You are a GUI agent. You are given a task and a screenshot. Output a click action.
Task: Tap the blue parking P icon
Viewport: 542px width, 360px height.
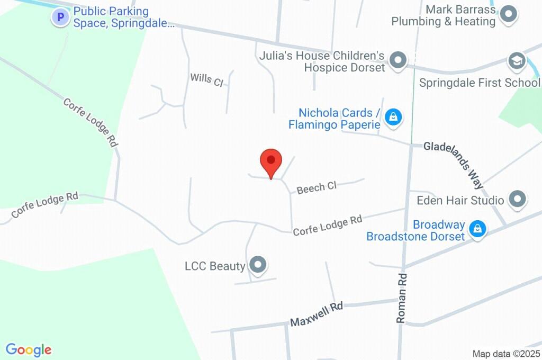pos(60,17)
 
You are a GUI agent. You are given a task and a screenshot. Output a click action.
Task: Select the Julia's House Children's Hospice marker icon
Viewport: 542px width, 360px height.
pos(397,60)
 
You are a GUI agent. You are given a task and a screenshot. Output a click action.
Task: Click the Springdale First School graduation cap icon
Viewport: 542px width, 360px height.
pos(516,61)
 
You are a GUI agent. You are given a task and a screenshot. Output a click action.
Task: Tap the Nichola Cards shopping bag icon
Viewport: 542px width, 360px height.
pos(393,117)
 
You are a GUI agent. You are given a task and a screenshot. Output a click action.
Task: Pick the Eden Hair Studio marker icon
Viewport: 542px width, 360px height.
pos(517,200)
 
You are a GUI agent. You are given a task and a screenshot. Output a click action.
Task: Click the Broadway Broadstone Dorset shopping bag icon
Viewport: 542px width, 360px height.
pos(478,229)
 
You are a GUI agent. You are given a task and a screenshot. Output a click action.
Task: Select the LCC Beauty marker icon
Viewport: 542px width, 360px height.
pos(258,264)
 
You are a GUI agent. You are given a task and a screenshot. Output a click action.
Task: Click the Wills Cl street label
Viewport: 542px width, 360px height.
pos(207,79)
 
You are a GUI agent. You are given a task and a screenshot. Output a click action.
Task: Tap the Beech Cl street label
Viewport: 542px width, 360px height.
pos(317,187)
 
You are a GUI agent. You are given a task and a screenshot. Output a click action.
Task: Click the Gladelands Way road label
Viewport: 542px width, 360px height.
pos(454,165)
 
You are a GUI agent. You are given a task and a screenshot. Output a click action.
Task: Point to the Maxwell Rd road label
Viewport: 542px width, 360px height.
pos(317,314)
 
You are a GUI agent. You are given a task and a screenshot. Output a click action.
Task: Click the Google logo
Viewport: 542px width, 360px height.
pos(29,350)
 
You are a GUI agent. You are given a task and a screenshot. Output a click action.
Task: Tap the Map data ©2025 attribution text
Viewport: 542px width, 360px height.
pos(507,354)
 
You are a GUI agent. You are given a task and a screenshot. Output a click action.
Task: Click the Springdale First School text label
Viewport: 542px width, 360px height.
pos(480,83)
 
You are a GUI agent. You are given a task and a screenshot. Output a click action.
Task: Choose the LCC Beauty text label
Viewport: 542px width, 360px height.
pos(215,266)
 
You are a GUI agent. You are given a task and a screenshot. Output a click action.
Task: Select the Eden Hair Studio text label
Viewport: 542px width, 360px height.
pos(460,201)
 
